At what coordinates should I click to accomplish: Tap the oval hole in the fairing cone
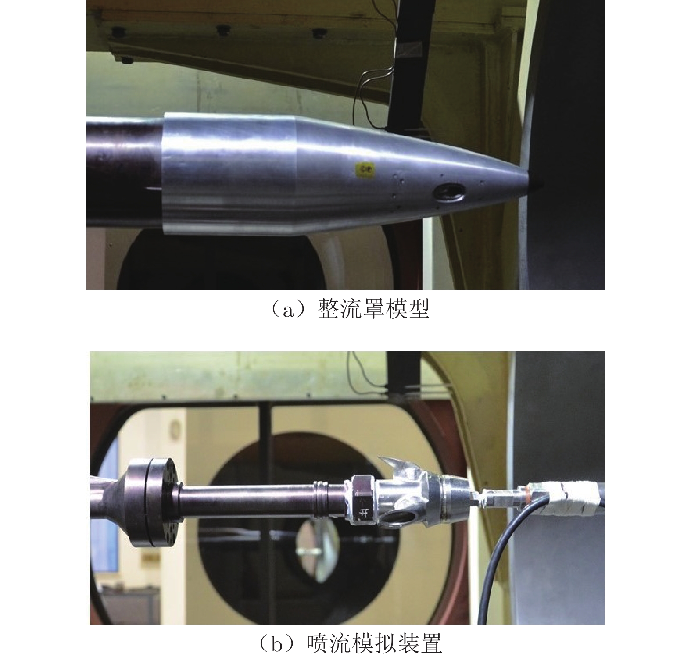(448, 193)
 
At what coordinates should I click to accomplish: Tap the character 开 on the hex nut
(363, 511)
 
